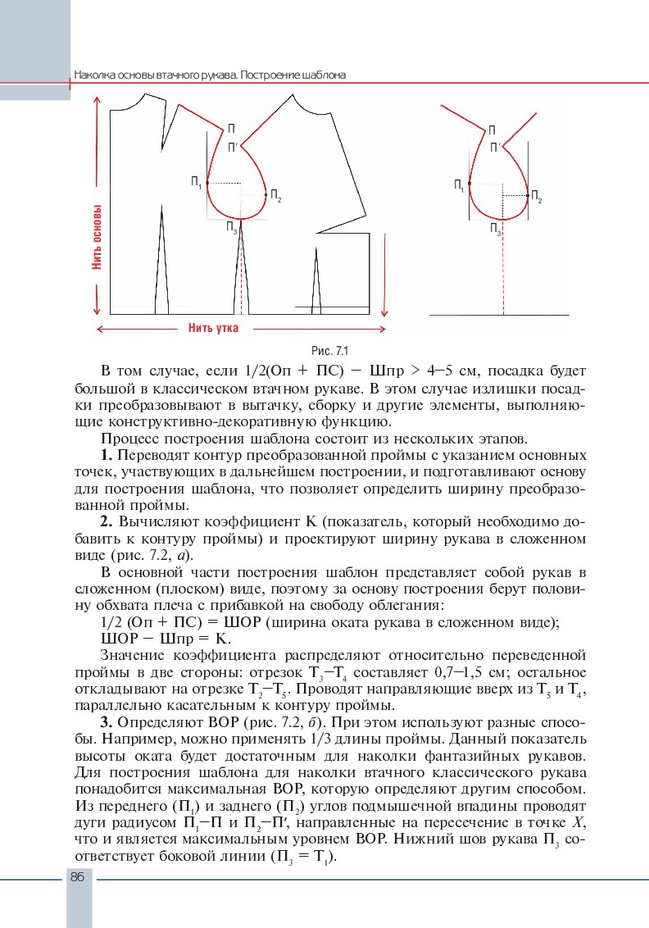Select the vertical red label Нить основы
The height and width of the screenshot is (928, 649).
tap(97, 238)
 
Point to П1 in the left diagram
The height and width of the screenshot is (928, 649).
tap(197, 182)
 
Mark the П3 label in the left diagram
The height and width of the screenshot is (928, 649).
tap(232, 227)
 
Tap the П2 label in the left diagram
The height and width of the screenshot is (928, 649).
tap(275, 196)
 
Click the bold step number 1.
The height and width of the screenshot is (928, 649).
tap(105, 453)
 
